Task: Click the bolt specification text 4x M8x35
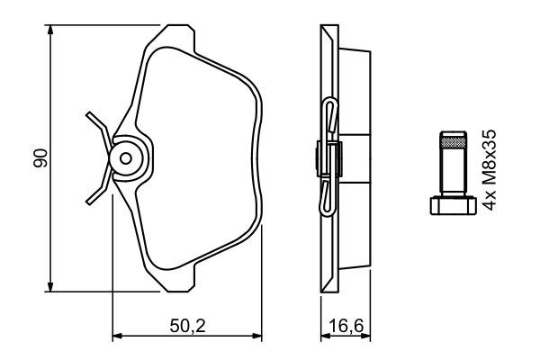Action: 490,168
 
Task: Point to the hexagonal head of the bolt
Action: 449,206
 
